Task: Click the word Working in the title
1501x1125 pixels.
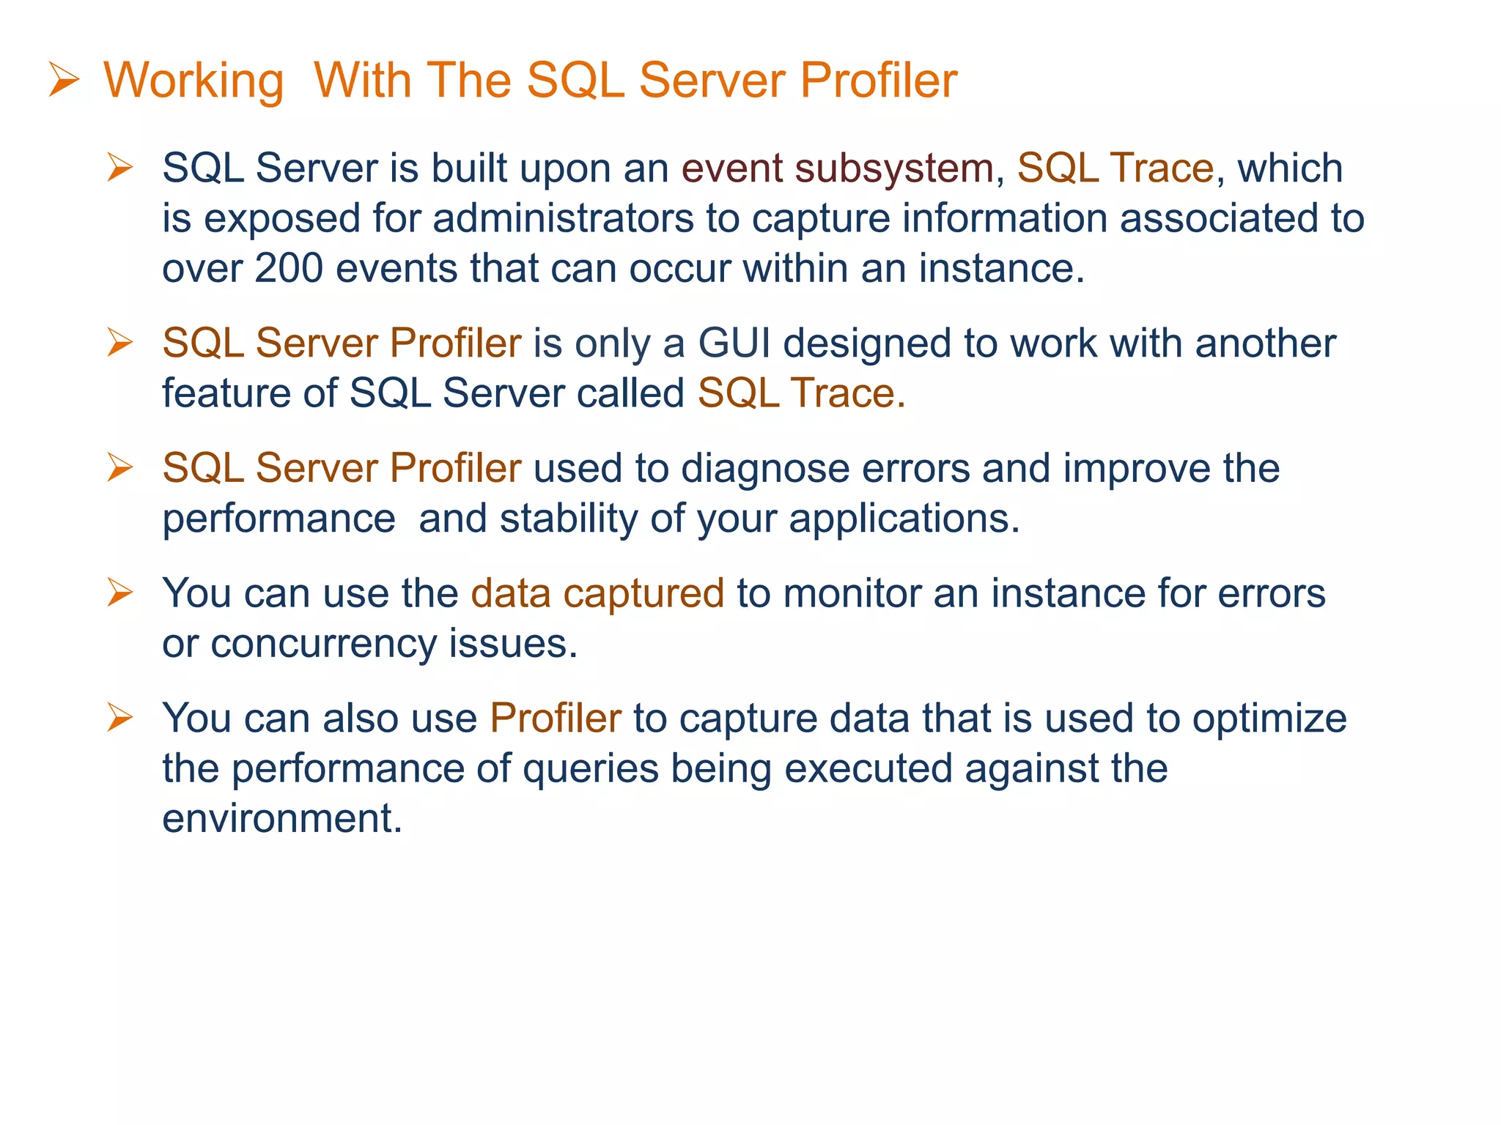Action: click(x=193, y=81)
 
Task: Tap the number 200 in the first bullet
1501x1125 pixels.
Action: click(x=288, y=268)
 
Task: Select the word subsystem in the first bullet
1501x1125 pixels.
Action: click(x=894, y=169)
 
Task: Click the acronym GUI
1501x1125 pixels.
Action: click(x=734, y=344)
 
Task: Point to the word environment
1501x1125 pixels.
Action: click(x=282, y=818)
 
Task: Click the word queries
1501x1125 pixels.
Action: click(x=590, y=769)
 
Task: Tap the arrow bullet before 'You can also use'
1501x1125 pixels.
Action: click(x=119, y=717)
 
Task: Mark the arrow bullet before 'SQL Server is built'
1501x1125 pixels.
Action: click(x=119, y=167)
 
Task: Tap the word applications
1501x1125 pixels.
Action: click(x=904, y=519)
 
